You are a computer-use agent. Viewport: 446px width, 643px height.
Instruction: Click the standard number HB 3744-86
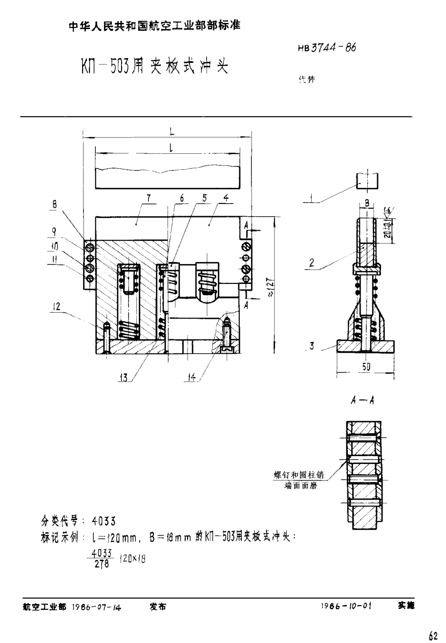point(326,48)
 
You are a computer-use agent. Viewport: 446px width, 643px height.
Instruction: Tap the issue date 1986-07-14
point(96,607)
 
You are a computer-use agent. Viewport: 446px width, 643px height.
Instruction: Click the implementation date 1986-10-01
point(347,606)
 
